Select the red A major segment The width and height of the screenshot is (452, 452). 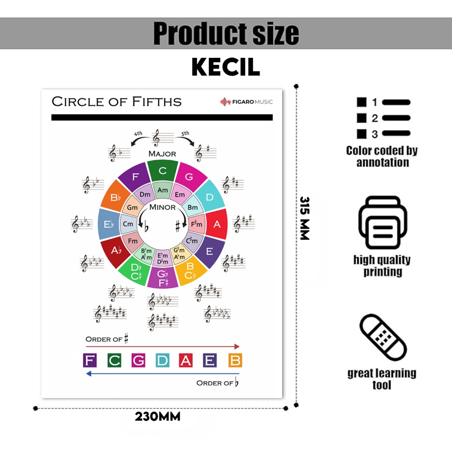pos(216,224)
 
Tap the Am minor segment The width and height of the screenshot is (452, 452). pos(162,190)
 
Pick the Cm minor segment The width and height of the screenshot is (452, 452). pos(128,224)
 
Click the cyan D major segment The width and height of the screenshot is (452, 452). pos(209,196)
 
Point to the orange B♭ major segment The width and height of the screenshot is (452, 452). pos(115,197)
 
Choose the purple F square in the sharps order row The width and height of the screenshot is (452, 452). pos(90,360)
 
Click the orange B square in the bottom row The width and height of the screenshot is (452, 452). pos(235,360)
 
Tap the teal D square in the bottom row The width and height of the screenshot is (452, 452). pos(162,360)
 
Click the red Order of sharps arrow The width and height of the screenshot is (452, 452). pos(162,347)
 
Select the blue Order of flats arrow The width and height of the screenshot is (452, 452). pos(162,373)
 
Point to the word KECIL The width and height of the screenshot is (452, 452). pos(226,67)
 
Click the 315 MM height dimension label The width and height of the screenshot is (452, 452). pos(305,218)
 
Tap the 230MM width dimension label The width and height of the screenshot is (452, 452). pos(158,417)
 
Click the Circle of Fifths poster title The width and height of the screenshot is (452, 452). pos(117,102)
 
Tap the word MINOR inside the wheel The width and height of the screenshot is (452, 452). pos(162,207)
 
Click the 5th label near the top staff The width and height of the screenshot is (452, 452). pos(185,134)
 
